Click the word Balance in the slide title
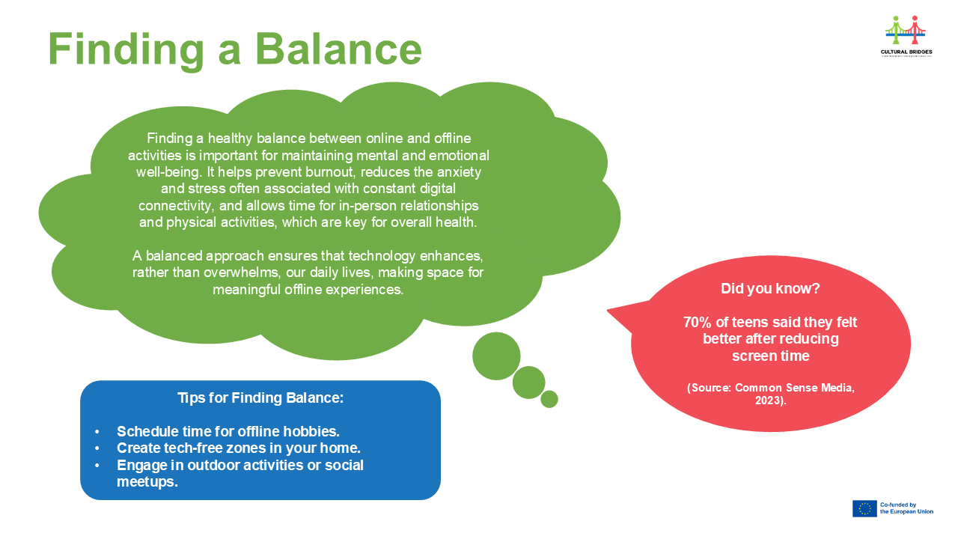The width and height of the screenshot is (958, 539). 338,49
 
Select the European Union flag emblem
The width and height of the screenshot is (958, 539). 864,509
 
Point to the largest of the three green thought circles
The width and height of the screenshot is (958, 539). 496,356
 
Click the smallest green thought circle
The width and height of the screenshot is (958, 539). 549,399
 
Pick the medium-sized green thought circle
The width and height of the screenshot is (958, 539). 528,382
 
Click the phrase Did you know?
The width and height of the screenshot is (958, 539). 769,288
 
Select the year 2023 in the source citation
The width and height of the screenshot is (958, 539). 769,402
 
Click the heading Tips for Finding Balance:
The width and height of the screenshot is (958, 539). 260,398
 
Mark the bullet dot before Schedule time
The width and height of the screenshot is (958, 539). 97,432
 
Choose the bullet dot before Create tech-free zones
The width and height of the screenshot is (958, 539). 97,448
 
